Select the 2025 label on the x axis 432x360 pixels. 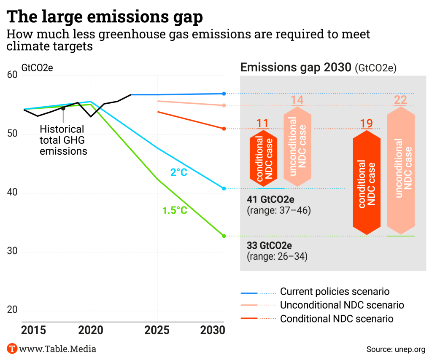pyautogui.click(x=157, y=330)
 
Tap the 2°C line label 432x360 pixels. pyautogui.click(x=178, y=172)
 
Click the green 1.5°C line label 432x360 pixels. pyautogui.click(x=174, y=210)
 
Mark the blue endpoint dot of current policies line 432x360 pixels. pyautogui.click(x=224, y=94)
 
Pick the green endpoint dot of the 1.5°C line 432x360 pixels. pyautogui.click(x=224, y=236)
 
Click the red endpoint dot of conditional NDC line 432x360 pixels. pyautogui.click(x=224, y=129)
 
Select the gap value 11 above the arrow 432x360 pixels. pyautogui.click(x=263, y=124)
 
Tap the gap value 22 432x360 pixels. pyautogui.click(x=400, y=100)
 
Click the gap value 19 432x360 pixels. pyautogui.click(x=366, y=124)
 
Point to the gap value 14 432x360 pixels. pyautogui.click(x=297, y=100)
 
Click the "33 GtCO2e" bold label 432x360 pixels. pyautogui.click(x=270, y=245)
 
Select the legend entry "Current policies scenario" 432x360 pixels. pyautogui.click(x=335, y=292)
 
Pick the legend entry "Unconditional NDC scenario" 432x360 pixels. pyautogui.click(x=342, y=305)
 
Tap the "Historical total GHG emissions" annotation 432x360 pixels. pyautogui.click(x=63, y=140)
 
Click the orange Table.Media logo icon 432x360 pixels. pyautogui.click(x=12, y=349)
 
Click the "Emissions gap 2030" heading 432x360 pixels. pyautogui.click(x=295, y=67)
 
